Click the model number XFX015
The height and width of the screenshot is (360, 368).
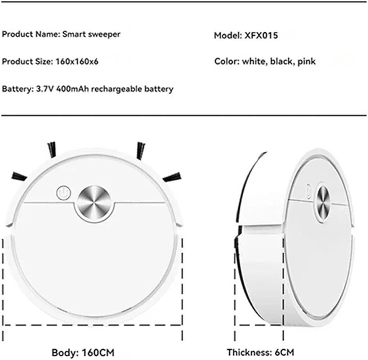[x=261, y=35]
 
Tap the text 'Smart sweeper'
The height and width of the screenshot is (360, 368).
[x=91, y=34]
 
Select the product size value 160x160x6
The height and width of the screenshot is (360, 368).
[x=77, y=61]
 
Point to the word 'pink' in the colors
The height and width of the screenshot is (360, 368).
[x=307, y=61]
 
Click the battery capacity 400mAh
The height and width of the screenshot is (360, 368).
[x=73, y=89]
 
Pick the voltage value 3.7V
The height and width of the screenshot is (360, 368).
[x=45, y=89]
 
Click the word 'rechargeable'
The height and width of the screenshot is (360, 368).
[x=117, y=89]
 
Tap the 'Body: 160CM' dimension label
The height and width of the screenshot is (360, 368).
[x=83, y=353]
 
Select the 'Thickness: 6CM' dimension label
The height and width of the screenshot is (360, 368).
[x=260, y=352]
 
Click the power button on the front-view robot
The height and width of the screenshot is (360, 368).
[x=63, y=193]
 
